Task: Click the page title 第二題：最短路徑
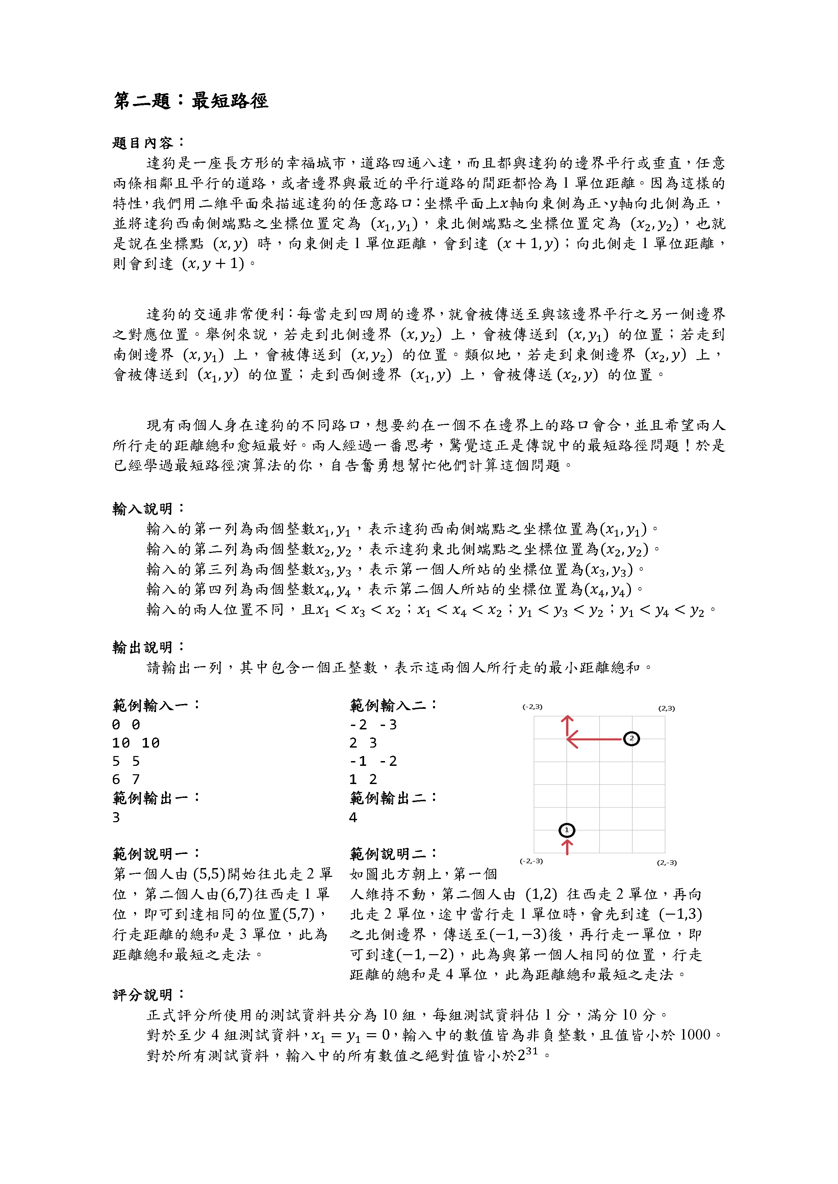[x=191, y=101]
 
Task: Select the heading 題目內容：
[x=148, y=143]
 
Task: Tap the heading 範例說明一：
[x=156, y=854]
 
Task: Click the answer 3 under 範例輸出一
[x=116, y=817]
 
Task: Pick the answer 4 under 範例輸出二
[x=353, y=817]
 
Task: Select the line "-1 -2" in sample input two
[x=373, y=761]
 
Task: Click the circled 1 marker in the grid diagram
[x=566, y=830]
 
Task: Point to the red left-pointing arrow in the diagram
[x=593, y=739]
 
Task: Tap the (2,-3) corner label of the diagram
[x=667, y=863]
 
